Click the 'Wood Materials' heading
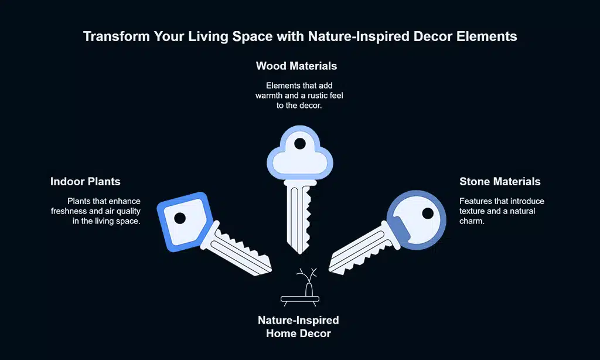[296, 66]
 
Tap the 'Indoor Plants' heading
[86, 182]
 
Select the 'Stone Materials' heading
[500, 182]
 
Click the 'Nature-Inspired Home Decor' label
[298, 327]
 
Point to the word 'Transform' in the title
[116, 36]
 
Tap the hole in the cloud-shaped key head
[300, 144]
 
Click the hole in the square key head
[180, 218]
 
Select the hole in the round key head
[428, 213]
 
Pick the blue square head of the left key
[185, 222]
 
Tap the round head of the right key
[417, 220]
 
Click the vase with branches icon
[300, 287]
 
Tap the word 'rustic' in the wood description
[313, 96]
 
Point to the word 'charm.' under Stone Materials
[472, 221]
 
